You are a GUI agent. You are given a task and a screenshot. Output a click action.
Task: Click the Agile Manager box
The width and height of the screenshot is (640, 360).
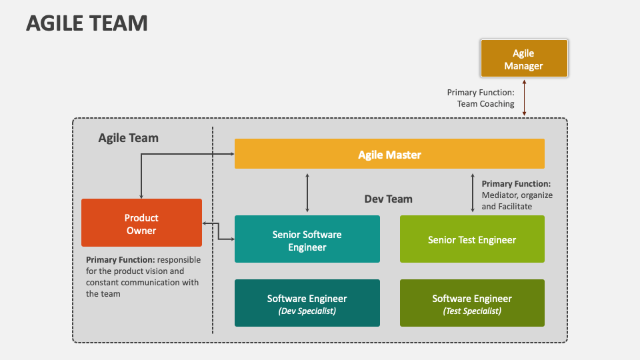[523, 59]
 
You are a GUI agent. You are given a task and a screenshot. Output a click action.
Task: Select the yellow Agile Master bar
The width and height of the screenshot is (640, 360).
[389, 154]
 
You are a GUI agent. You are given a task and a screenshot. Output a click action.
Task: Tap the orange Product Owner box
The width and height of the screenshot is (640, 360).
[141, 223]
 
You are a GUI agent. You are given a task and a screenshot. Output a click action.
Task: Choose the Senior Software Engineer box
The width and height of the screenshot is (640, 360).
[307, 240]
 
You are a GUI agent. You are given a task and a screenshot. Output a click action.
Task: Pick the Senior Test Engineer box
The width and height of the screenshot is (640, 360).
[472, 239]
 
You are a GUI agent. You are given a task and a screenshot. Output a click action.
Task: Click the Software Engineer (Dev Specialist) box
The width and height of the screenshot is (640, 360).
[307, 303]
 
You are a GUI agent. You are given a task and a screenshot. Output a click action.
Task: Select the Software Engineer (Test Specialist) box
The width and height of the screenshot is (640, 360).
[472, 303]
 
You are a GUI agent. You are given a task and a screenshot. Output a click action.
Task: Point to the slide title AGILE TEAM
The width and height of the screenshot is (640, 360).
[87, 23]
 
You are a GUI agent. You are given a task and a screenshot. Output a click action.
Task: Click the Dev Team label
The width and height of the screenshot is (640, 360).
[388, 199]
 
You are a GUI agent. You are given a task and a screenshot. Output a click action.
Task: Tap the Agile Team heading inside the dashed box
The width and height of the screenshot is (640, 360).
[129, 138]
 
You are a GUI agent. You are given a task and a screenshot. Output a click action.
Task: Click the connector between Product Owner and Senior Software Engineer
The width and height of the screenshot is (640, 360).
[218, 231]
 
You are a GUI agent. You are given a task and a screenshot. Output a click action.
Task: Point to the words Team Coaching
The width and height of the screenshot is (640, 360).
[485, 104]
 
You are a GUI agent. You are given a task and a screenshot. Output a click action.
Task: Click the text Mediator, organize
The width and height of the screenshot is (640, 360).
[517, 195]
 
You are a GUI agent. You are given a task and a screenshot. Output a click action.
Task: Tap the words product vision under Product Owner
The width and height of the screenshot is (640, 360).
[157, 271]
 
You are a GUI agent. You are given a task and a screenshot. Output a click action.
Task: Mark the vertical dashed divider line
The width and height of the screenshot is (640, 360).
[213, 267]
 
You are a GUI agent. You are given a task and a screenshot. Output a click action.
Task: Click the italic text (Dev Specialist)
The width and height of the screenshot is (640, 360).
[307, 311]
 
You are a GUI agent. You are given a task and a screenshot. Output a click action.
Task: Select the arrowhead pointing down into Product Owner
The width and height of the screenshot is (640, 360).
[141, 195]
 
